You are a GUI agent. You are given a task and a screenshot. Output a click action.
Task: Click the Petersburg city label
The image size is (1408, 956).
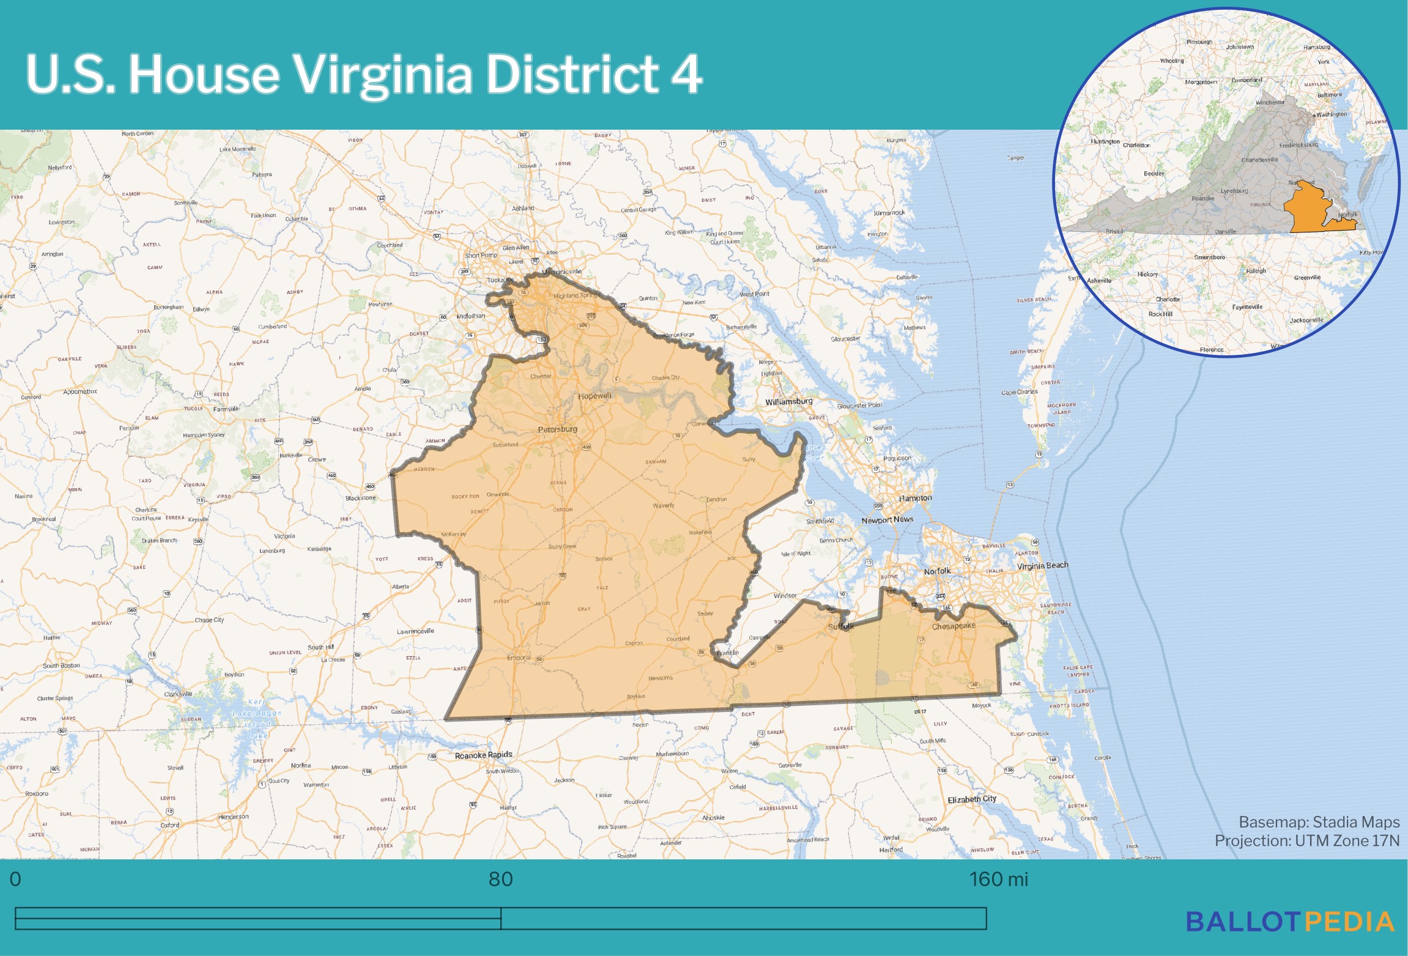point(557,429)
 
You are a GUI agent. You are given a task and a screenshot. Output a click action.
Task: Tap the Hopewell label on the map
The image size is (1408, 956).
point(595,396)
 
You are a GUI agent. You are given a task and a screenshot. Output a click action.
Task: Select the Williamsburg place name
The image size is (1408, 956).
point(788,402)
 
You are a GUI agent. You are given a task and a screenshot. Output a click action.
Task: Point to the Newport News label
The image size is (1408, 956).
point(887,520)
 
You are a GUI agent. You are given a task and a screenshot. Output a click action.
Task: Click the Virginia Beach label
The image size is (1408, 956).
point(1042,566)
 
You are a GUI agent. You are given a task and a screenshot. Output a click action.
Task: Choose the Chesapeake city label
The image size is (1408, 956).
point(954,626)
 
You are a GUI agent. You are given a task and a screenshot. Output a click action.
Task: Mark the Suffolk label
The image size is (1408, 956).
point(840,626)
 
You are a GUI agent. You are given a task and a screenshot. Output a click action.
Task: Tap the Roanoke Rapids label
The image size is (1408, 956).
point(483,755)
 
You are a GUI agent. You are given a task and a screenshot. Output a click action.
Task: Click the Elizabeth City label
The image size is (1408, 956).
point(971,799)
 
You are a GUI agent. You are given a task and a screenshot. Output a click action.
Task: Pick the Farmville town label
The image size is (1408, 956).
point(226,409)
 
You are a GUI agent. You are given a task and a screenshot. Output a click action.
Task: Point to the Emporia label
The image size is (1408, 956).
point(519,658)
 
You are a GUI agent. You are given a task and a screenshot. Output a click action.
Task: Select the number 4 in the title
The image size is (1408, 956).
point(686,74)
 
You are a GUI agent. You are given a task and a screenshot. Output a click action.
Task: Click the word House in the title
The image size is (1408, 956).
point(204,74)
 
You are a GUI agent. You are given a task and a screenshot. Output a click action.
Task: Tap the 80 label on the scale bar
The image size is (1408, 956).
point(500,880)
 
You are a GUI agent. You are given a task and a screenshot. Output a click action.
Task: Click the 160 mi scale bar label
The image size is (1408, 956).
point(998,880)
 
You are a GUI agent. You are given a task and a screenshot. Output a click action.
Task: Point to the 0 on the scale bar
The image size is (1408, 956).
point(15,880)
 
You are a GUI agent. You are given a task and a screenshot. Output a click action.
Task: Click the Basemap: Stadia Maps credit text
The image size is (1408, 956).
point(1319,822)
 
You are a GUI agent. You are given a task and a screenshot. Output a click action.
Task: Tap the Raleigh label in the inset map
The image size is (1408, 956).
point(1256,271)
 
